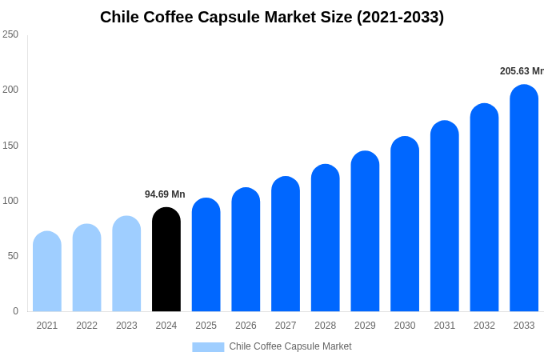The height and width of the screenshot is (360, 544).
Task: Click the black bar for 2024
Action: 166,260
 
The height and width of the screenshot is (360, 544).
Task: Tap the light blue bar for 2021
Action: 47,272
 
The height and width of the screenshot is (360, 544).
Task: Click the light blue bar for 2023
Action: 126,264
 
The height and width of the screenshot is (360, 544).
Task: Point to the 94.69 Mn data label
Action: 165,194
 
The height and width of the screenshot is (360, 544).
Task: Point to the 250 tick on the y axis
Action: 10,34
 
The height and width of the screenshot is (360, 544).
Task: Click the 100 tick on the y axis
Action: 10,201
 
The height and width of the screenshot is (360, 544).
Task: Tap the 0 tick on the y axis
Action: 15,311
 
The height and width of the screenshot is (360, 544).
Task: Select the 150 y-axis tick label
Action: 10,146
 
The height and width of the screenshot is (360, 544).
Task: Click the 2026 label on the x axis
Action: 246,326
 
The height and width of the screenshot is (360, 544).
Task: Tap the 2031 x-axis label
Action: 445,326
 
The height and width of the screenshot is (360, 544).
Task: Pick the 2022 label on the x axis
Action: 86,326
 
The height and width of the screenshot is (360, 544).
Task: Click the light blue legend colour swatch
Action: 208,346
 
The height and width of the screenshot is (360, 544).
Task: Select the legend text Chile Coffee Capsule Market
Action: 290,346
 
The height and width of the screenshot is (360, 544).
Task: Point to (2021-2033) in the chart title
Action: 400,17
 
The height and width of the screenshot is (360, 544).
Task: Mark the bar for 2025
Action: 206,255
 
